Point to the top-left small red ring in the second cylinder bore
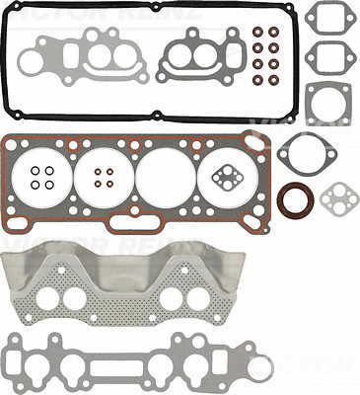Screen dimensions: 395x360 (x=97, y=170)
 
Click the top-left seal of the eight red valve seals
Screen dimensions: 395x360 (x=259, y=31)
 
